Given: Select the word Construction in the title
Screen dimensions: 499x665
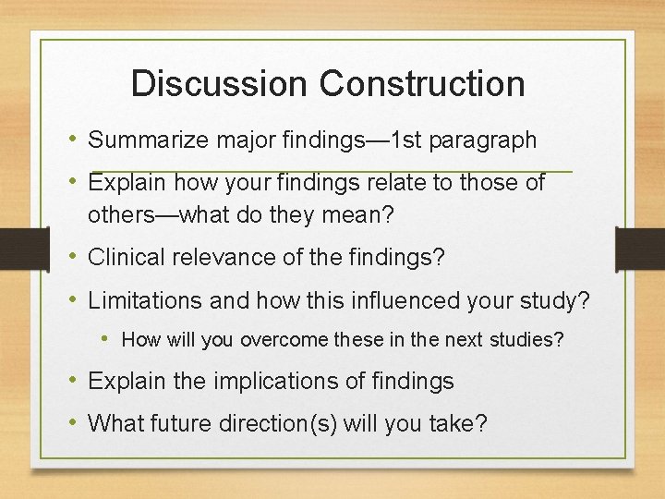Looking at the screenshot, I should [x=423, y=83].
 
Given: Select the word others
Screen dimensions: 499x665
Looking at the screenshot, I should [x=120, y=215].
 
